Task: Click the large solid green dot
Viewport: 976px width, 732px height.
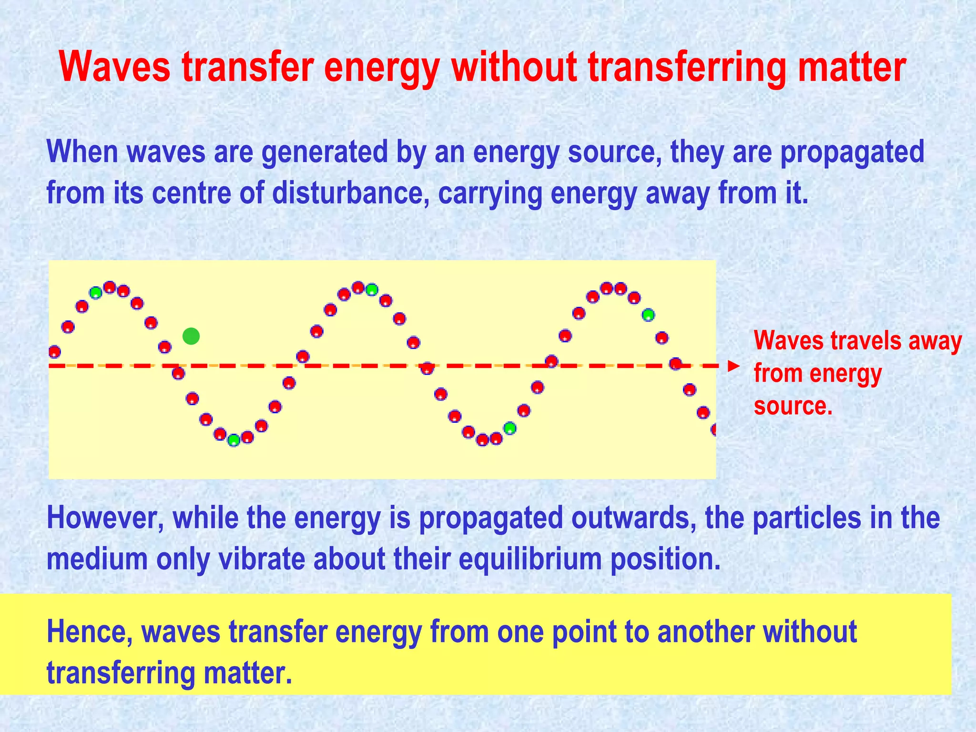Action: (191, 336)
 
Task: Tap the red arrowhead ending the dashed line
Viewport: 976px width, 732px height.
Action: (734, 366)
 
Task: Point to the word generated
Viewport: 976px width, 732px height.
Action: (325, 152)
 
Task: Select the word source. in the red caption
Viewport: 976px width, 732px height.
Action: (793, 406)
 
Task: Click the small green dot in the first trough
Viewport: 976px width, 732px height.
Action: (234, 440)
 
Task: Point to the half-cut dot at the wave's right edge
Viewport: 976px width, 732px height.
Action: (713, 429)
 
